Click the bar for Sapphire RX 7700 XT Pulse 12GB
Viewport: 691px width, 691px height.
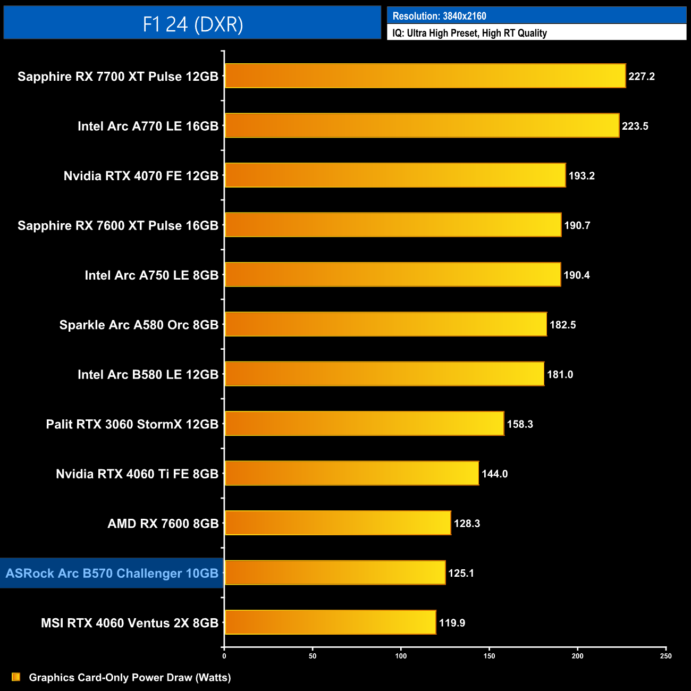click(425, 75)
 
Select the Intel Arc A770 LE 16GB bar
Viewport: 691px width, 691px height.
click(422, 125)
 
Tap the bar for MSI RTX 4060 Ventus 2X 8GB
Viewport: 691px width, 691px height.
click(330, 622)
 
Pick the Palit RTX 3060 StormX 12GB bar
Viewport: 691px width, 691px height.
click(364, 424)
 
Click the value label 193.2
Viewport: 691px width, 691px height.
click(582, 176)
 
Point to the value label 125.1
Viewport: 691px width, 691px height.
click(461, 573)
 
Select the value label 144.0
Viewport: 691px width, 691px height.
click(494, 474)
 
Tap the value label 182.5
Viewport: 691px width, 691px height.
click(562, 325)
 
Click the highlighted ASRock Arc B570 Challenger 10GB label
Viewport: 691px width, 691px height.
click(112, 573)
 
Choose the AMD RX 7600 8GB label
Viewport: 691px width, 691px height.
click(163, 524)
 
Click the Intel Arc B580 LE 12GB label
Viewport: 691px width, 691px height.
click(148, 375)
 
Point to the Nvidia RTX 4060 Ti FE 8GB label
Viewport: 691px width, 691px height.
click(137, 474)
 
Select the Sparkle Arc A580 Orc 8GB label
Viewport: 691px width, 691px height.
click(139, 325)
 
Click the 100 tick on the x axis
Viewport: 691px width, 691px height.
click(401, 656)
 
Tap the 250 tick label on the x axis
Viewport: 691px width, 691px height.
click(665, 656)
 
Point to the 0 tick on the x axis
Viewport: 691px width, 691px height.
click(224, 656)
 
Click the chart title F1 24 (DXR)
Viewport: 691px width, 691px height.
click(192, 24)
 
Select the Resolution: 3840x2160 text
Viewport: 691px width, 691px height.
click(439, 16)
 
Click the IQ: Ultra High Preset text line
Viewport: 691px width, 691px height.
click(469, 33)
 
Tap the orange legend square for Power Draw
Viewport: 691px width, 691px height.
click(16, 677)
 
